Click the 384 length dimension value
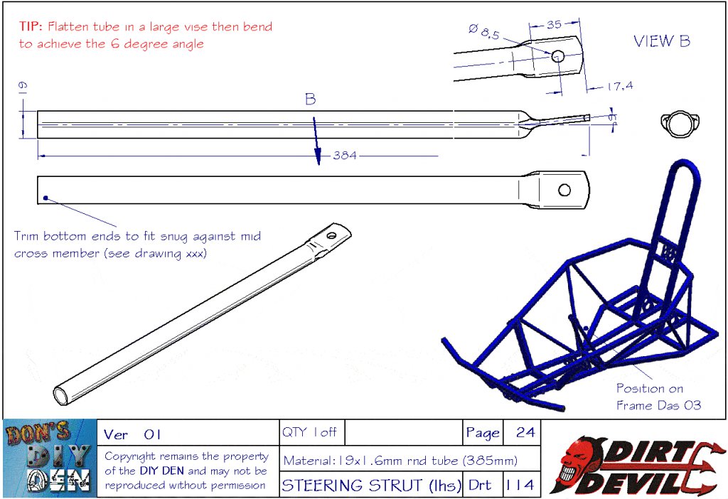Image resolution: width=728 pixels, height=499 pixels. (x=345, y=156)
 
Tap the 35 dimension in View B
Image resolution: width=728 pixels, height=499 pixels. (x=554, y=24)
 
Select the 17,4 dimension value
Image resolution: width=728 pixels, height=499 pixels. (x=620, y=86)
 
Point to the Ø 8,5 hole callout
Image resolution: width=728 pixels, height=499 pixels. (x=483, y=31)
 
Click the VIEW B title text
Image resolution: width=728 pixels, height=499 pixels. (x=662, y=41)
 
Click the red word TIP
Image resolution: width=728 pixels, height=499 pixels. (x=31, y=26)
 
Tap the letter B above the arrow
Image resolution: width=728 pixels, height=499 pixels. (x=311, y=99)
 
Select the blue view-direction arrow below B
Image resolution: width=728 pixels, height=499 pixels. (x=316, y=141)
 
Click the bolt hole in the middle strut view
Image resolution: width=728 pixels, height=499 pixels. (x=564, y=190)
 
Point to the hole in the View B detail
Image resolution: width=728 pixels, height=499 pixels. (x=557, y=57)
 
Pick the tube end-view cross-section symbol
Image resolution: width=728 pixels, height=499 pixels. (x=680, y=124)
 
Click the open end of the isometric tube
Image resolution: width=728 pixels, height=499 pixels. (x=61, y=397)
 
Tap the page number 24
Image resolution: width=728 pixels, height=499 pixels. (x=525, y=432)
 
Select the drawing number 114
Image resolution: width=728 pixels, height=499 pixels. (x=520, y=485)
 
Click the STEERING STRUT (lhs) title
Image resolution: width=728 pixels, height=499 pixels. (x=371, y=485)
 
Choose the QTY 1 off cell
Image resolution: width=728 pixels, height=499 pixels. (x=309, y=432)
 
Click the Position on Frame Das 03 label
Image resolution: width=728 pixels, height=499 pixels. (x=658, y=397)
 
